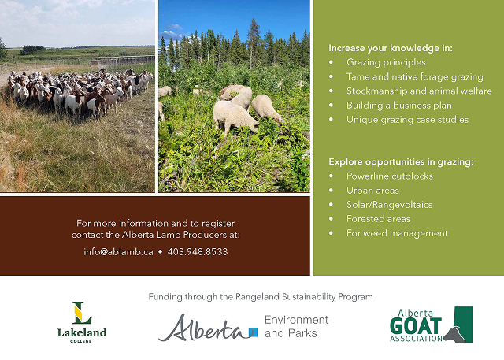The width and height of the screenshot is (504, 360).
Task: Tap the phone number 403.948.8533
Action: pos(198,252)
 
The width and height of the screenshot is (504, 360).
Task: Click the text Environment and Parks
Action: pos(296,326)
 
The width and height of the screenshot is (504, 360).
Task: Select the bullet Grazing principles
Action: pos(386,62)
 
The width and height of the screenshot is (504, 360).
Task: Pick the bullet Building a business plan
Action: pos(399,105)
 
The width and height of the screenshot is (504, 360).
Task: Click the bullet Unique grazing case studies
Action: pos(407,120)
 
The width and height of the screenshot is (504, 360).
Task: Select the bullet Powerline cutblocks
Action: pos(390,176)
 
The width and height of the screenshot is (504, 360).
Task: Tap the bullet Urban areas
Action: pos(372,191)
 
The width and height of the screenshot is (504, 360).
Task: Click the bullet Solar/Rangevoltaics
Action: pos(389,205)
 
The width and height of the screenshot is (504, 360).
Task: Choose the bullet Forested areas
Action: pos(378,219)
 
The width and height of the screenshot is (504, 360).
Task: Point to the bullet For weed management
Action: pos(397,233)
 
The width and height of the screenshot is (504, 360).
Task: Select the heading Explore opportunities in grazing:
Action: pos(401,161)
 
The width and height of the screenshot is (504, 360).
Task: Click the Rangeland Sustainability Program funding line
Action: pos(261,297)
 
